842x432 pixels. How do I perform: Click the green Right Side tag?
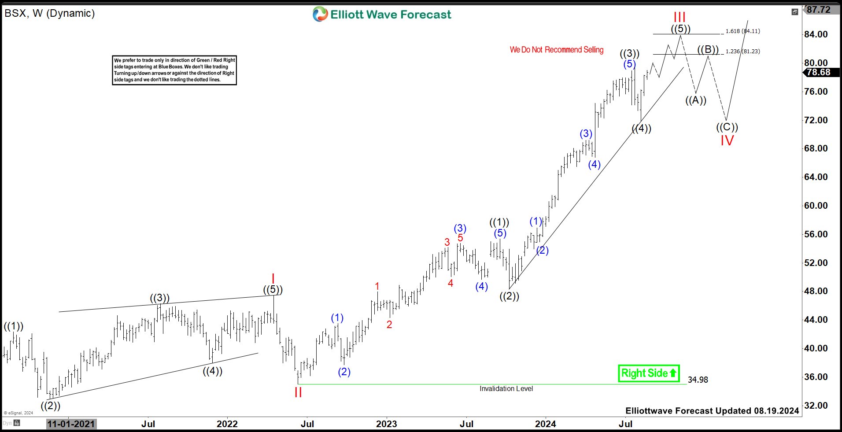pyautogui.click(x=648, y=373)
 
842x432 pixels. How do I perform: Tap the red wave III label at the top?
pyautogui.click(x=680, y=17)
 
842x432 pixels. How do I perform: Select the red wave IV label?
pyautogui.click(x=727, y=140)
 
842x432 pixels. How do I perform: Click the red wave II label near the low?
pyautogui.click(x=298, y=392)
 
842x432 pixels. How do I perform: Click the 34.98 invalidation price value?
pyautogui.click(x=698, y=380)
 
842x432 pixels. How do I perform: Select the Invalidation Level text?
pyautogui.click(x=506, y=388)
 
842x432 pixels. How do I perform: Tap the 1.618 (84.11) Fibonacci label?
pyautogui.click(x=742, y=31)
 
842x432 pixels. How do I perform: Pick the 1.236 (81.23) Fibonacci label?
pyautogui.click(x=742, y=52)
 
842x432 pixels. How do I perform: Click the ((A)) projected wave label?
pyautogui.click(x=696, y=100)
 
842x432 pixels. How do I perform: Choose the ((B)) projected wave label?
pyautogui.click(x=708, y=49)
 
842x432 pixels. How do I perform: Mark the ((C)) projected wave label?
pyautogui.click(x=727, y=127)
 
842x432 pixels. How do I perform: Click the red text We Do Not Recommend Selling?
pyautogui.click(x=557, y=50)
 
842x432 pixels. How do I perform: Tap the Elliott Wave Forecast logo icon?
pyautogui.click(x=320, y=14)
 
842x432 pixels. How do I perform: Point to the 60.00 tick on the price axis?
pyautogui.click(x=816, y=206)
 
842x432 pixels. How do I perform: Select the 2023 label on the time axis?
pyautogui.click(x=386, y=424)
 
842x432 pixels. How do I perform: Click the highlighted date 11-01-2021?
pyautogui.click(x=71, y=424)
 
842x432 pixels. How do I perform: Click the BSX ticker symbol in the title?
pyautogui.click(x=15, y=13)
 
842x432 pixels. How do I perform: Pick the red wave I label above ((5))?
pyautogui.click(x=273, y=279)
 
